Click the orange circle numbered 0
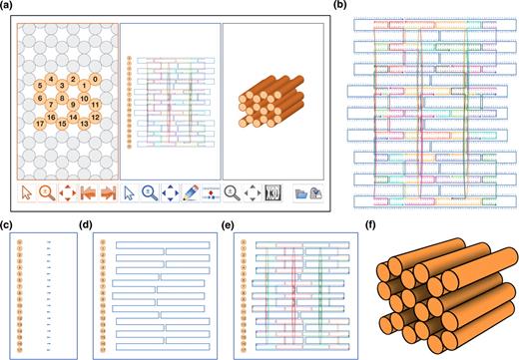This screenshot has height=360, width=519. click(95, 78)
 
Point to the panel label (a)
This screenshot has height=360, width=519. click(8, 8)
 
